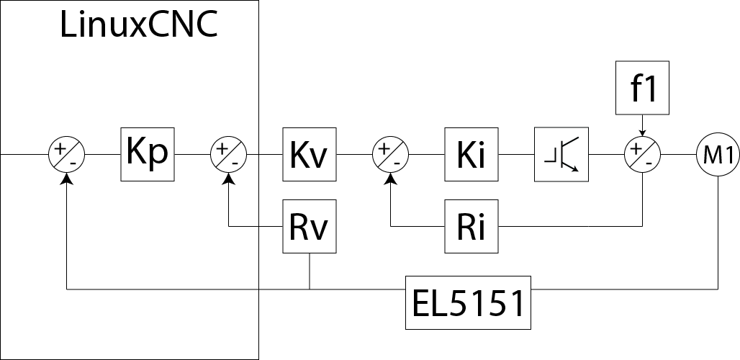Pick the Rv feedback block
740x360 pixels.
310,227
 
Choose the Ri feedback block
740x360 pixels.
471,227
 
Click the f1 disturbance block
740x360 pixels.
644,89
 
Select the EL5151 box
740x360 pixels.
468,302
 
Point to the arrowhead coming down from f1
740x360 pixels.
643,132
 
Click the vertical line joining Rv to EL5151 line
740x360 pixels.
310,271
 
